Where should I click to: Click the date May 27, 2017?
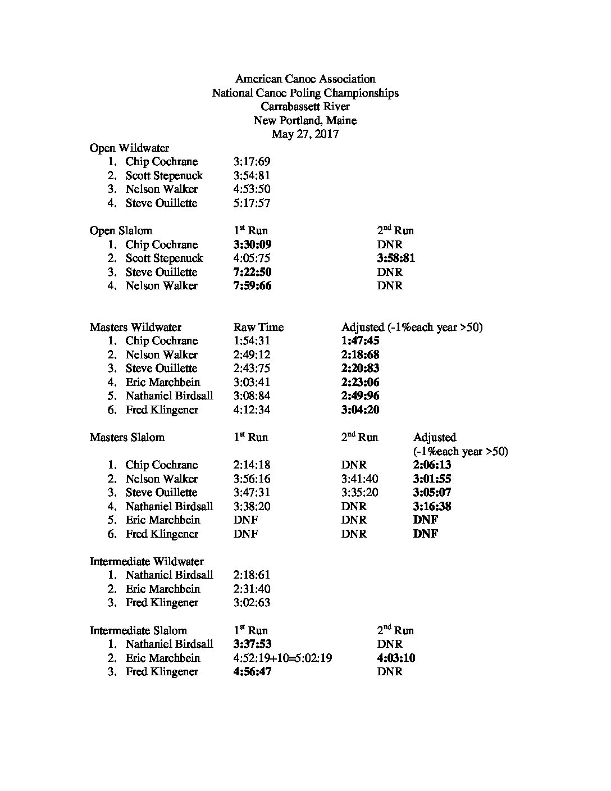pyautogui.click(x=305, y=134)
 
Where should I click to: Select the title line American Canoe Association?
pyautogui.click(x=305, y=79)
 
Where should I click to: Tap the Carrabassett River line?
pyautogui.click(x=305, y=107)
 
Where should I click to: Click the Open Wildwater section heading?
pyautogui.click(x=129, y=148)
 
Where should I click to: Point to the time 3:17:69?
pyautogui.click(x=252, y=162)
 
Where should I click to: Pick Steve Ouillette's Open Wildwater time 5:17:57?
pyautogui.click(x=252, y=203)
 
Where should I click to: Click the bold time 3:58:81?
pyautogui.click(x=396, y=258)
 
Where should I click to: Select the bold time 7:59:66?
pyautogui.click(x=252, y=286)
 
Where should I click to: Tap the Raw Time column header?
pyautogui.click(x=258, y=328)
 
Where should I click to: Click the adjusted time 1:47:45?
pyautogui.click(x=360, y=341)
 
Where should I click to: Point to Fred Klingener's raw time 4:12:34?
pyautogui.click(x=252, y=410)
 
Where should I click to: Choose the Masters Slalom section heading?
pyautogui.click(x=127, y=438)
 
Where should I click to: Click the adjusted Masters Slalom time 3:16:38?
pyautogui.click(x=432, y=506)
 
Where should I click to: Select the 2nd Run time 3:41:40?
pyautogui.click(x=359, y=479)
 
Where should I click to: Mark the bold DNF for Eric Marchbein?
pyautogui.click(x=425, y=520)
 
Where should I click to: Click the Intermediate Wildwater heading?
pyautogui.click(x=147, y=562)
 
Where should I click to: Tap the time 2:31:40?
pyautogui.click(x=252, y=589)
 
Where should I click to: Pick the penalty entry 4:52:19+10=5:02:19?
pyautogui.click(x=282, y=658)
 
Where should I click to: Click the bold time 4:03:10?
pyautogui.click(x=396, y=658)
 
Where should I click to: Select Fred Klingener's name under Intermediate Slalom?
pyautogui.click(x=162, y=672)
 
